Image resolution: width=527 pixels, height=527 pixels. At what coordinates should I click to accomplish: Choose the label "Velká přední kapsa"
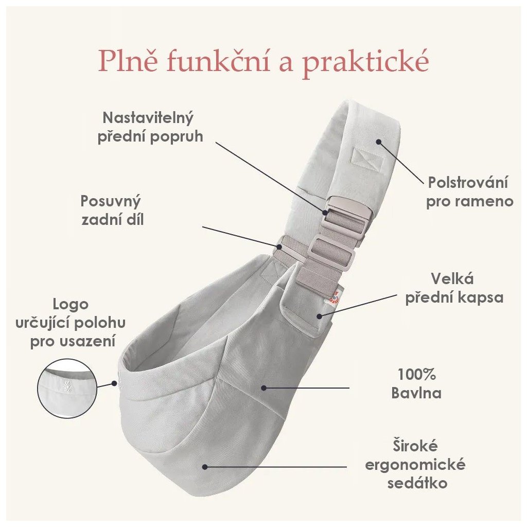click(454, 288)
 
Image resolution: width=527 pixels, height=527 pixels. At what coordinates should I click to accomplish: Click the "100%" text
click(417, 374)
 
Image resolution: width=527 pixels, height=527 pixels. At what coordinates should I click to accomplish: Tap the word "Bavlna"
click(416, 393)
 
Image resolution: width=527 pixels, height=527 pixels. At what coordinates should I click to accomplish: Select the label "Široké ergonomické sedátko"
click(415, 464)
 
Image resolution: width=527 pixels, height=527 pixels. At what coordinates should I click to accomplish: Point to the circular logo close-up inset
click(68, 388)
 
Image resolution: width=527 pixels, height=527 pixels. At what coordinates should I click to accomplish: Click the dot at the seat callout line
click(205, 467)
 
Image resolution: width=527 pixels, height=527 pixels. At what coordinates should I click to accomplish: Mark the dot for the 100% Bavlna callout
click(263, 388)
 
